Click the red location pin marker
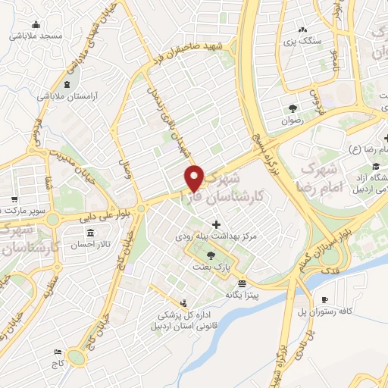[x=195, y=178]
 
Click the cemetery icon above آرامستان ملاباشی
[x=69, y=85]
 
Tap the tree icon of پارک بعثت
[x=210, y=255]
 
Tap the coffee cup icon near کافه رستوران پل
[x=325, y=300]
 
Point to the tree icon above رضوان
[x=293, y=108]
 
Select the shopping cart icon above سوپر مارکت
[x=14, y=198]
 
